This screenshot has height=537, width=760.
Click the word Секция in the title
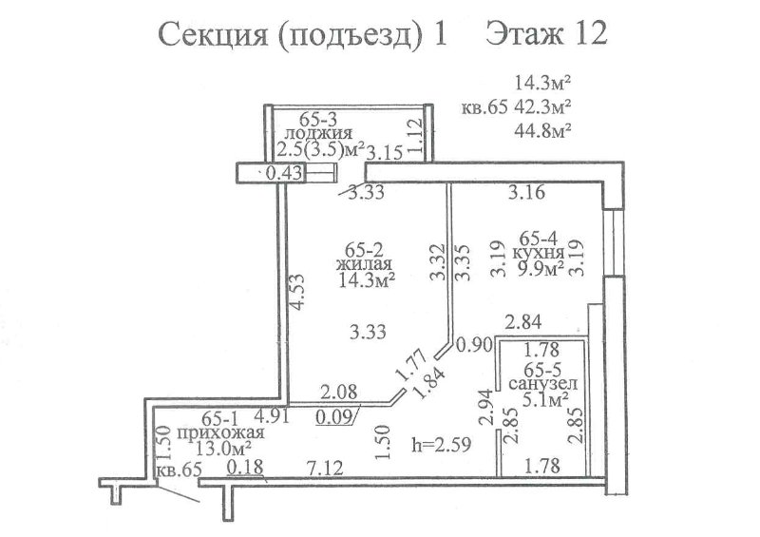tap(213, 35)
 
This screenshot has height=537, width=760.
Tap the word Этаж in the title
tap(524, 34)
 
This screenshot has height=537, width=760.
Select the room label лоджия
tap(318, 132)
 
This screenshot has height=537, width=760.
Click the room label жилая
tap(364, 264)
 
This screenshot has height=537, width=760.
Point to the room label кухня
tap(538, 252)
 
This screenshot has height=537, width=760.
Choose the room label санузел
tap(542, 384)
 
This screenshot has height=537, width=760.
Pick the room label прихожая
tap(220, 432)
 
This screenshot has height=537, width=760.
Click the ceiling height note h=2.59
tap(442, 444)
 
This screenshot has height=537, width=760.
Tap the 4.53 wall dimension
tap(295, 292)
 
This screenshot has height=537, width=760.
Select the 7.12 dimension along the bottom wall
tap(325, 469)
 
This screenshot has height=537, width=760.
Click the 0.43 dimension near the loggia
tap(284, 173)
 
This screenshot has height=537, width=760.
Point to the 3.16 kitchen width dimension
tap(526, 192)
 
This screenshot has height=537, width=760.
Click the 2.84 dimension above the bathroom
tap(523, 321)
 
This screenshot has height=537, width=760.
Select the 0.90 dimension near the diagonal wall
tap(474, 345)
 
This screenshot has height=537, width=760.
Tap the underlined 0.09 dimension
tap(333, 416)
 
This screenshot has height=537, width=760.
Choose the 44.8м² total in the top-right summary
tap(541, 130)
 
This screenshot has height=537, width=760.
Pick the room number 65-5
tap(542, 368)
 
